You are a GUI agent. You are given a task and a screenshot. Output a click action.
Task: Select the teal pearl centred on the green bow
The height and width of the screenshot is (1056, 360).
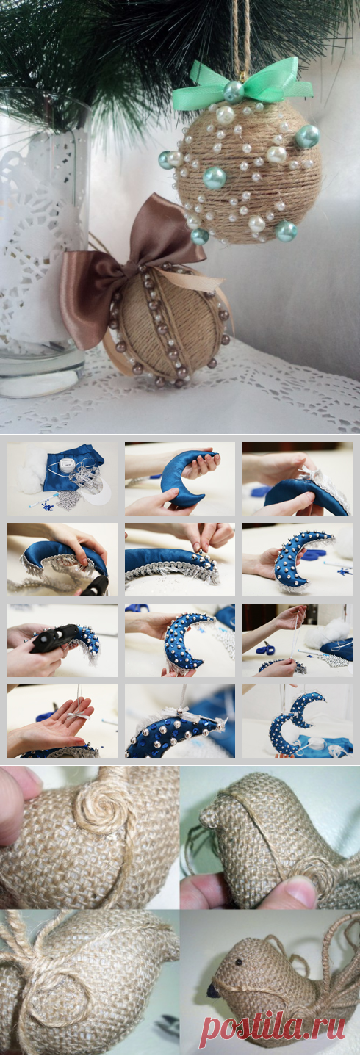[233, 92]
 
